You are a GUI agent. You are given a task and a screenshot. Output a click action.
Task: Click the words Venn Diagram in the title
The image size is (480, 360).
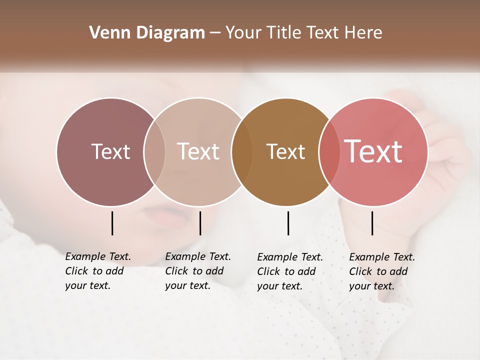[147, 33]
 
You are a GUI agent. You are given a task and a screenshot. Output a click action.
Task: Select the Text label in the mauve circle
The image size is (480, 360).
[110, 151]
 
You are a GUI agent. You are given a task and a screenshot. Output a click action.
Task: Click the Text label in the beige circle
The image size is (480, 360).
[198, 151]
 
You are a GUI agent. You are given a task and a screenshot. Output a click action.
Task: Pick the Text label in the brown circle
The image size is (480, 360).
[285, 151]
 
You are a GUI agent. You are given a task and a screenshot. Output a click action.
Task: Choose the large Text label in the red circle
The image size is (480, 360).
[373, 151]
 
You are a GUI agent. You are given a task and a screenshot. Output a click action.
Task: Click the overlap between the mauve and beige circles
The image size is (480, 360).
[154, 152]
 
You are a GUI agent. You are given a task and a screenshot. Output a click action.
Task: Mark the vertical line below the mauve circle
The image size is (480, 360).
[112, 223]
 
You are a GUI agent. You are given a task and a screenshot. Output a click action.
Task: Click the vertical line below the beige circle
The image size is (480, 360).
[200, 223]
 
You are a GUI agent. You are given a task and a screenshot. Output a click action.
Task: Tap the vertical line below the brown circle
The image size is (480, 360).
[288, 223]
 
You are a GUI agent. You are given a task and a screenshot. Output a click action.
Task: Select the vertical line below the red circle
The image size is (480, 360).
[372, 223]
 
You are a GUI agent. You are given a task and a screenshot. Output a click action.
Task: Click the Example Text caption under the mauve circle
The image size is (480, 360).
[97, 271]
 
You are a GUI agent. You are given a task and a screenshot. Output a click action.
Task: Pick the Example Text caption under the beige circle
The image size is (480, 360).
[197, 271]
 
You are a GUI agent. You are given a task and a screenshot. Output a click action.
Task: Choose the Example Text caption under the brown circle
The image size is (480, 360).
[289, 271]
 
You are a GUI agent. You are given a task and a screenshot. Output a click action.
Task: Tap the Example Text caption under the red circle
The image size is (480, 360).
[381, 271]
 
